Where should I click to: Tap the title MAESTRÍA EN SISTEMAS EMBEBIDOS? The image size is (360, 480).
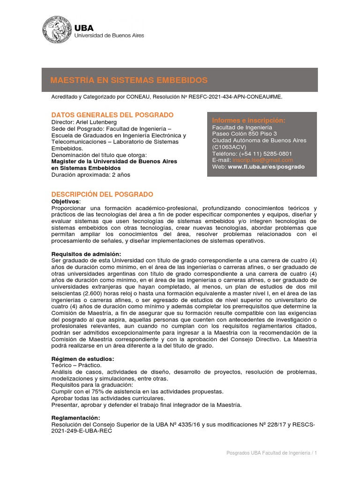[129, 80]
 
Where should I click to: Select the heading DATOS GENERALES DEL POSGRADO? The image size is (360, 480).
[112, 115]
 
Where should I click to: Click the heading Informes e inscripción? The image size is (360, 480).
[248, 120]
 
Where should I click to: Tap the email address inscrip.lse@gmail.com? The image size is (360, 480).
[263, 160]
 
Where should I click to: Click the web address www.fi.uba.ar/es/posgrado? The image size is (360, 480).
[266, 166]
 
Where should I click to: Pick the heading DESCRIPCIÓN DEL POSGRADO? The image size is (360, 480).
[102, 195]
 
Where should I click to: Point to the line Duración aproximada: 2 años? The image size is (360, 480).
[90, 174]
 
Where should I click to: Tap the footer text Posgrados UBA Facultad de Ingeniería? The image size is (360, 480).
[268, 453]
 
